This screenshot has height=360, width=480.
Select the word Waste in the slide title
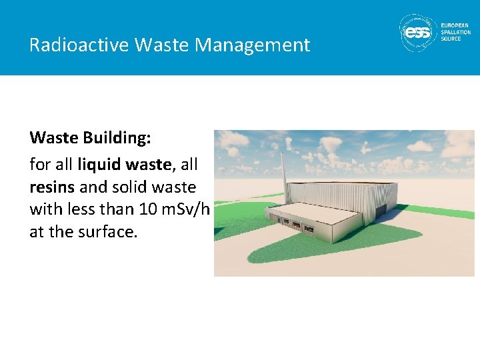pos(159,45)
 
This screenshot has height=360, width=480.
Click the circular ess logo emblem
pos(417,32)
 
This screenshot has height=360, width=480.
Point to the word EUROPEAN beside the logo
pos(455,25)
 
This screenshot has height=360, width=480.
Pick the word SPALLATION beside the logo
pos(456,32)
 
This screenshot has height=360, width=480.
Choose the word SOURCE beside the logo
pos(451,39)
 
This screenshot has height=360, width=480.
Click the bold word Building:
pos(117,138)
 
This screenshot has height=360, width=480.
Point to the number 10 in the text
pos(148,209)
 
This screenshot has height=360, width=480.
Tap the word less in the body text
pos(80,209)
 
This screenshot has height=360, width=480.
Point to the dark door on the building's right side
pos(381,211)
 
